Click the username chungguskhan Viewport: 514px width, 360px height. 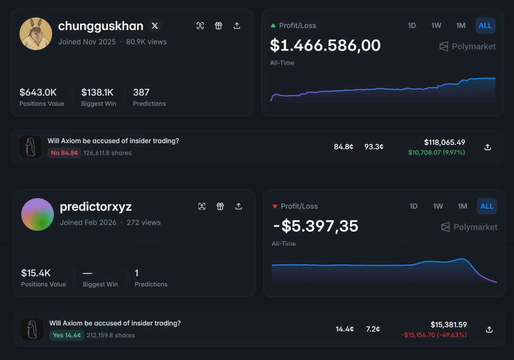[x=101, y=26]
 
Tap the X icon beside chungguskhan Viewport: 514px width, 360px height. [x=155, y=26]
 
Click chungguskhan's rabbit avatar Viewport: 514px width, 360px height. [x=36, y=34]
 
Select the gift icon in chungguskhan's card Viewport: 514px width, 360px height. [x=218, y=26]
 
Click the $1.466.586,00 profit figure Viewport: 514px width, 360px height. [x=325, y=45]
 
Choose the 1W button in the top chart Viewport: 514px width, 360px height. [x=436, y=26]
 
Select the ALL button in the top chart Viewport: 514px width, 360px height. [x=485, y=26]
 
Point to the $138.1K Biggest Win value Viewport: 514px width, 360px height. [x=97, y=92]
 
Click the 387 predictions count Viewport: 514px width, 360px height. [x=141, y=92]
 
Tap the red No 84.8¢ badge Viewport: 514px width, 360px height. [x=64, y=153]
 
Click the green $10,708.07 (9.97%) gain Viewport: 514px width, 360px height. [x=436, y=153]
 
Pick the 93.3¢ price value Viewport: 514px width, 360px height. [x=374, y=147]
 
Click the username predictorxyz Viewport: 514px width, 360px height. [x=96, y=207]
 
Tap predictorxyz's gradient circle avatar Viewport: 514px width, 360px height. [x=37, y=214]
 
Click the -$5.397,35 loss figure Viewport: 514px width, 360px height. [x=316, y=226]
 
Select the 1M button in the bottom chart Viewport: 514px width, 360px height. [x=462, y=207]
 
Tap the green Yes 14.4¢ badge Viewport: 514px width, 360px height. [x=66, y=335]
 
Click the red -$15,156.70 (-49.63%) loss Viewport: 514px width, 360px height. [x=434, y=335]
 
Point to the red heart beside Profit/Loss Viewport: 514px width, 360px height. [x=275, y=207]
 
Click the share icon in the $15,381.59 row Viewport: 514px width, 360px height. [x=489, y=330]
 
